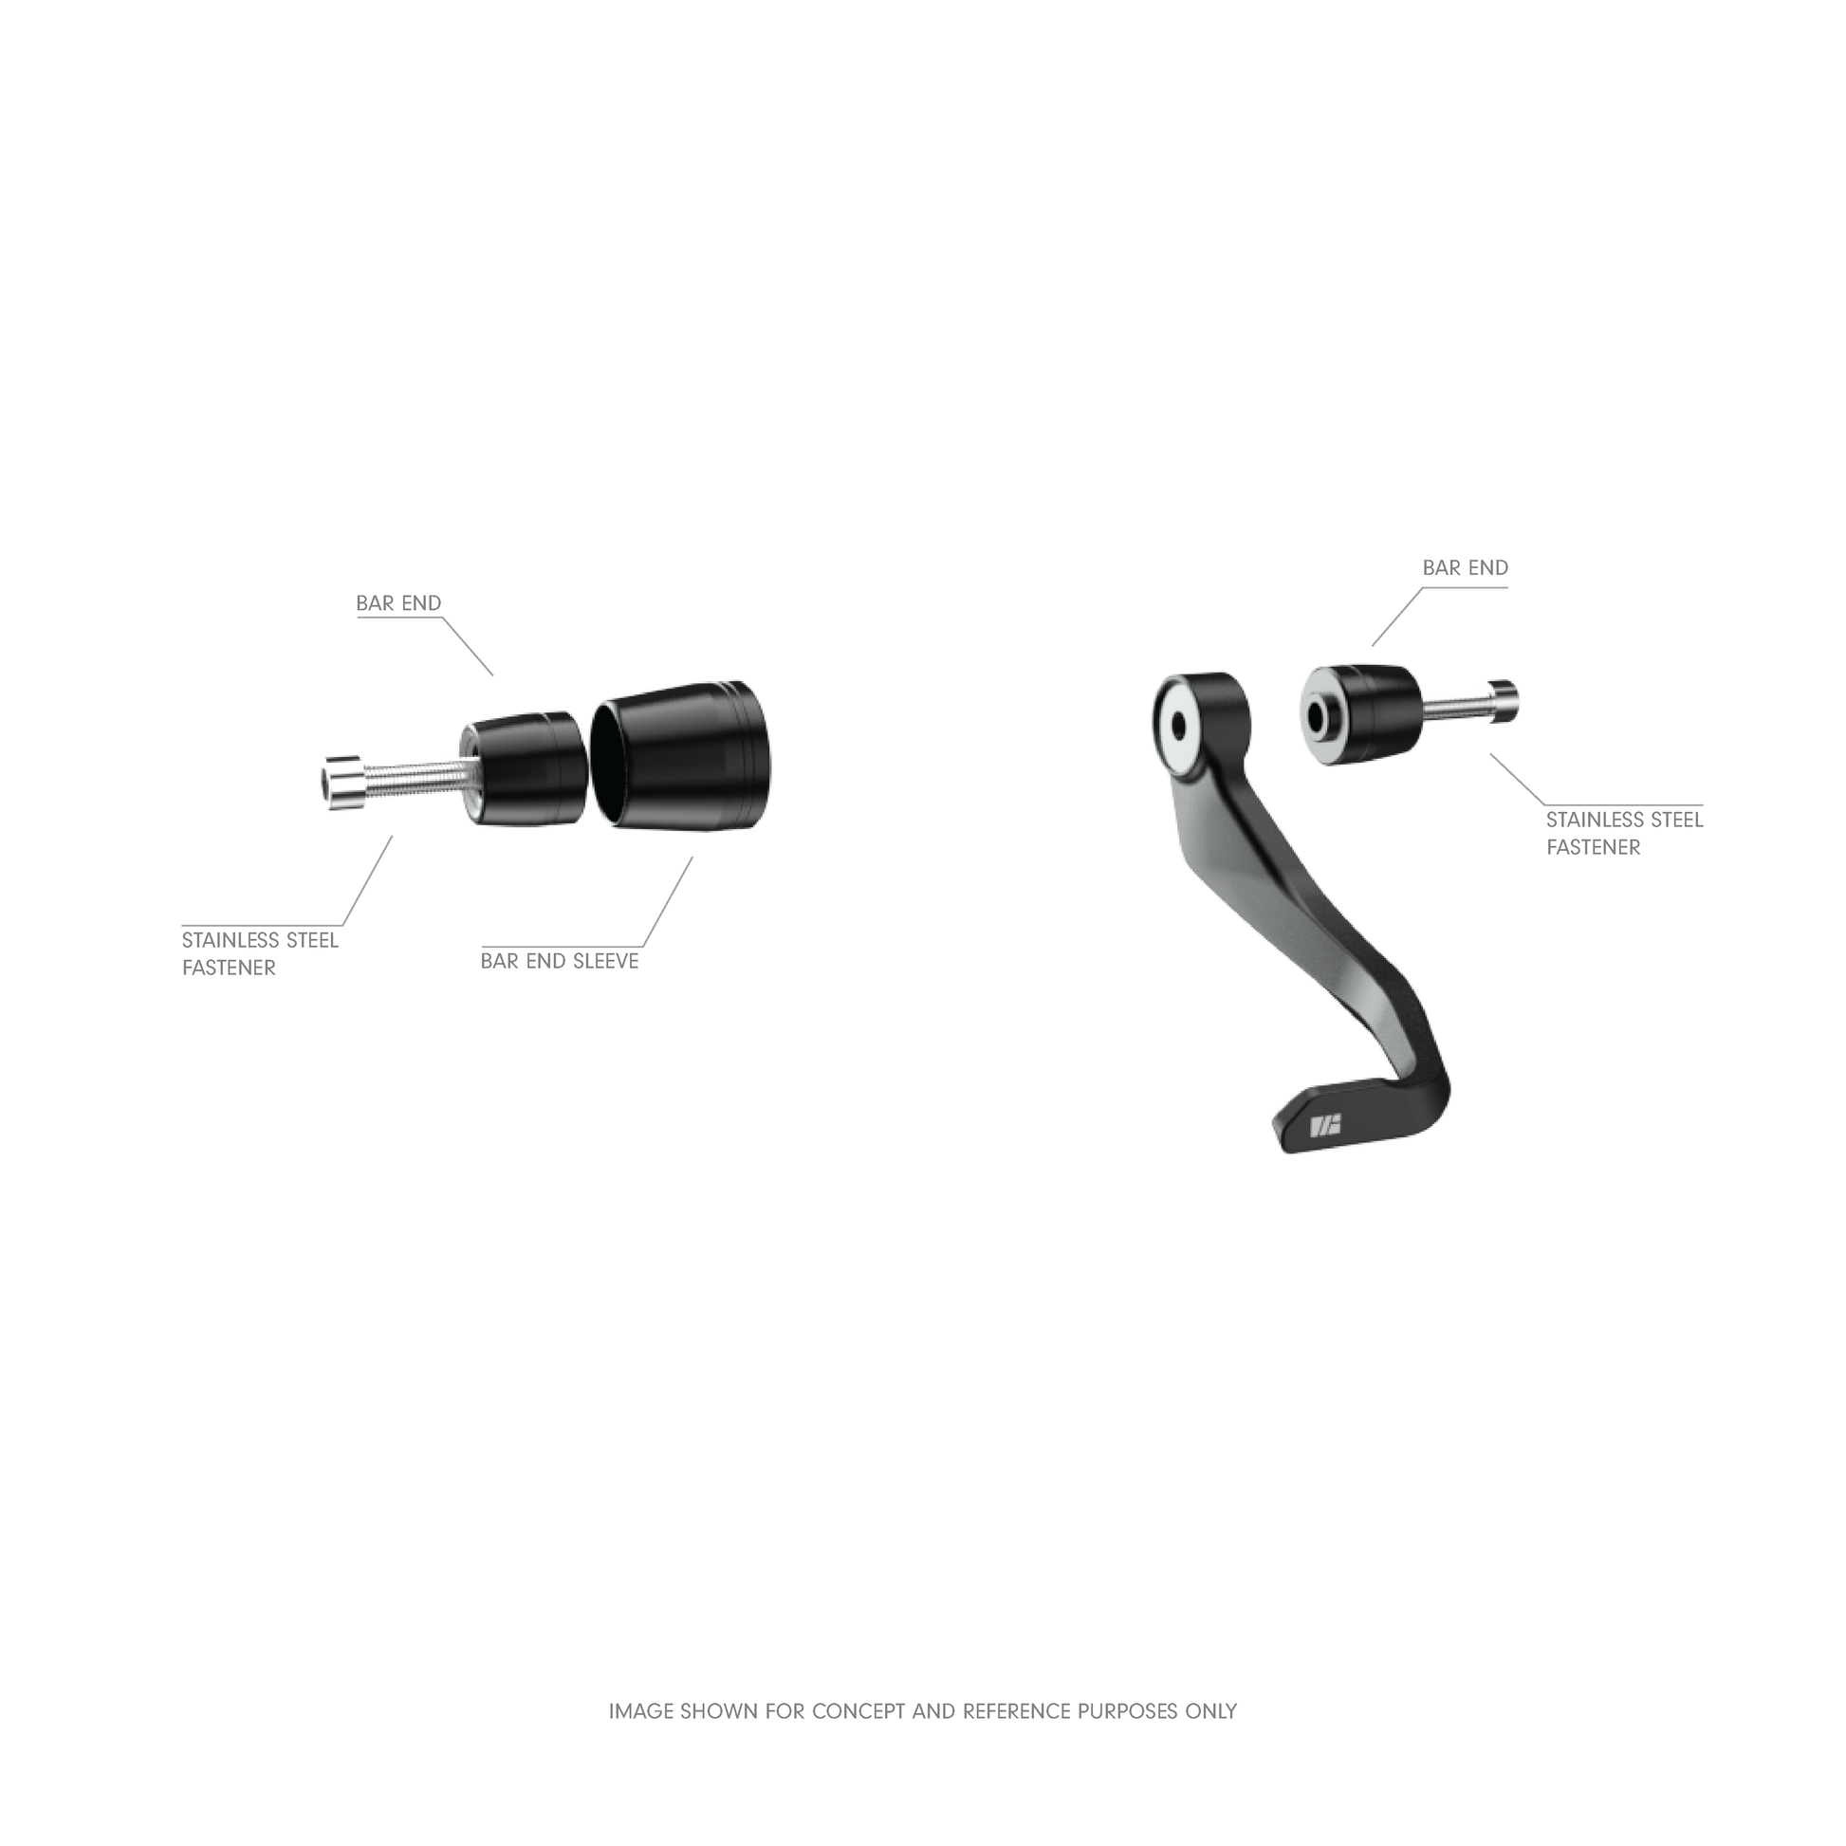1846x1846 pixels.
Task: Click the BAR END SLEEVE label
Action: click(x=559, y=961)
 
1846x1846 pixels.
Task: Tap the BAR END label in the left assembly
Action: click(x=398, y=603)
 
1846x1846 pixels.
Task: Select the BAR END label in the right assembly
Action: click(x=1465, y=567)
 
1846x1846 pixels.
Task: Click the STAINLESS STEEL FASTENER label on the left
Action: click(x=260, y=953)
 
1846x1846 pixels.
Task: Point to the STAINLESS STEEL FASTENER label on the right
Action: click(x=1624, y=833)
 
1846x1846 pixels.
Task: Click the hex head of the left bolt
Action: click(x=342, y=784)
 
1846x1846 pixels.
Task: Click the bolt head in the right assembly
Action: click(x=1503, y=701)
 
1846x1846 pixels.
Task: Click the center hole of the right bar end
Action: click(x=1324, y=717)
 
